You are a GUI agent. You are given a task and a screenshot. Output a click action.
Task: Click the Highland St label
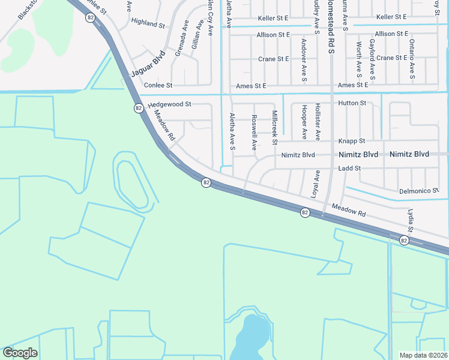point(148,24)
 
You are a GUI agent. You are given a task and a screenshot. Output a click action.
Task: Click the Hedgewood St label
point(169,104)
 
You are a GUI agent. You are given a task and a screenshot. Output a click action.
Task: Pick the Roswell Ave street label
point(254,132)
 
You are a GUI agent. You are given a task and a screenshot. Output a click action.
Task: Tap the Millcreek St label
point(274,127)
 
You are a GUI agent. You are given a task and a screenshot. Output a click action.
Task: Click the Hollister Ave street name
point(318,122)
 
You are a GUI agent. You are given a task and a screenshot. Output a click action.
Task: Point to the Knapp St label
point(352,141)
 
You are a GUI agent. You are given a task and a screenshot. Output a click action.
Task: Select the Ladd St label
point(348,169)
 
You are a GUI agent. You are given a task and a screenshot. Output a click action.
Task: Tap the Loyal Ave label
point(315,185)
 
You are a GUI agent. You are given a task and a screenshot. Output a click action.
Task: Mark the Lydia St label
point(411,221)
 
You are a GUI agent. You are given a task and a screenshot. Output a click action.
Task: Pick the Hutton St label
point(352,103)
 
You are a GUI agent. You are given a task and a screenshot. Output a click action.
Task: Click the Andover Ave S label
point(304,61)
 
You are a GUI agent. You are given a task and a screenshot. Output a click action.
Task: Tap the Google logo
point(20,353)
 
